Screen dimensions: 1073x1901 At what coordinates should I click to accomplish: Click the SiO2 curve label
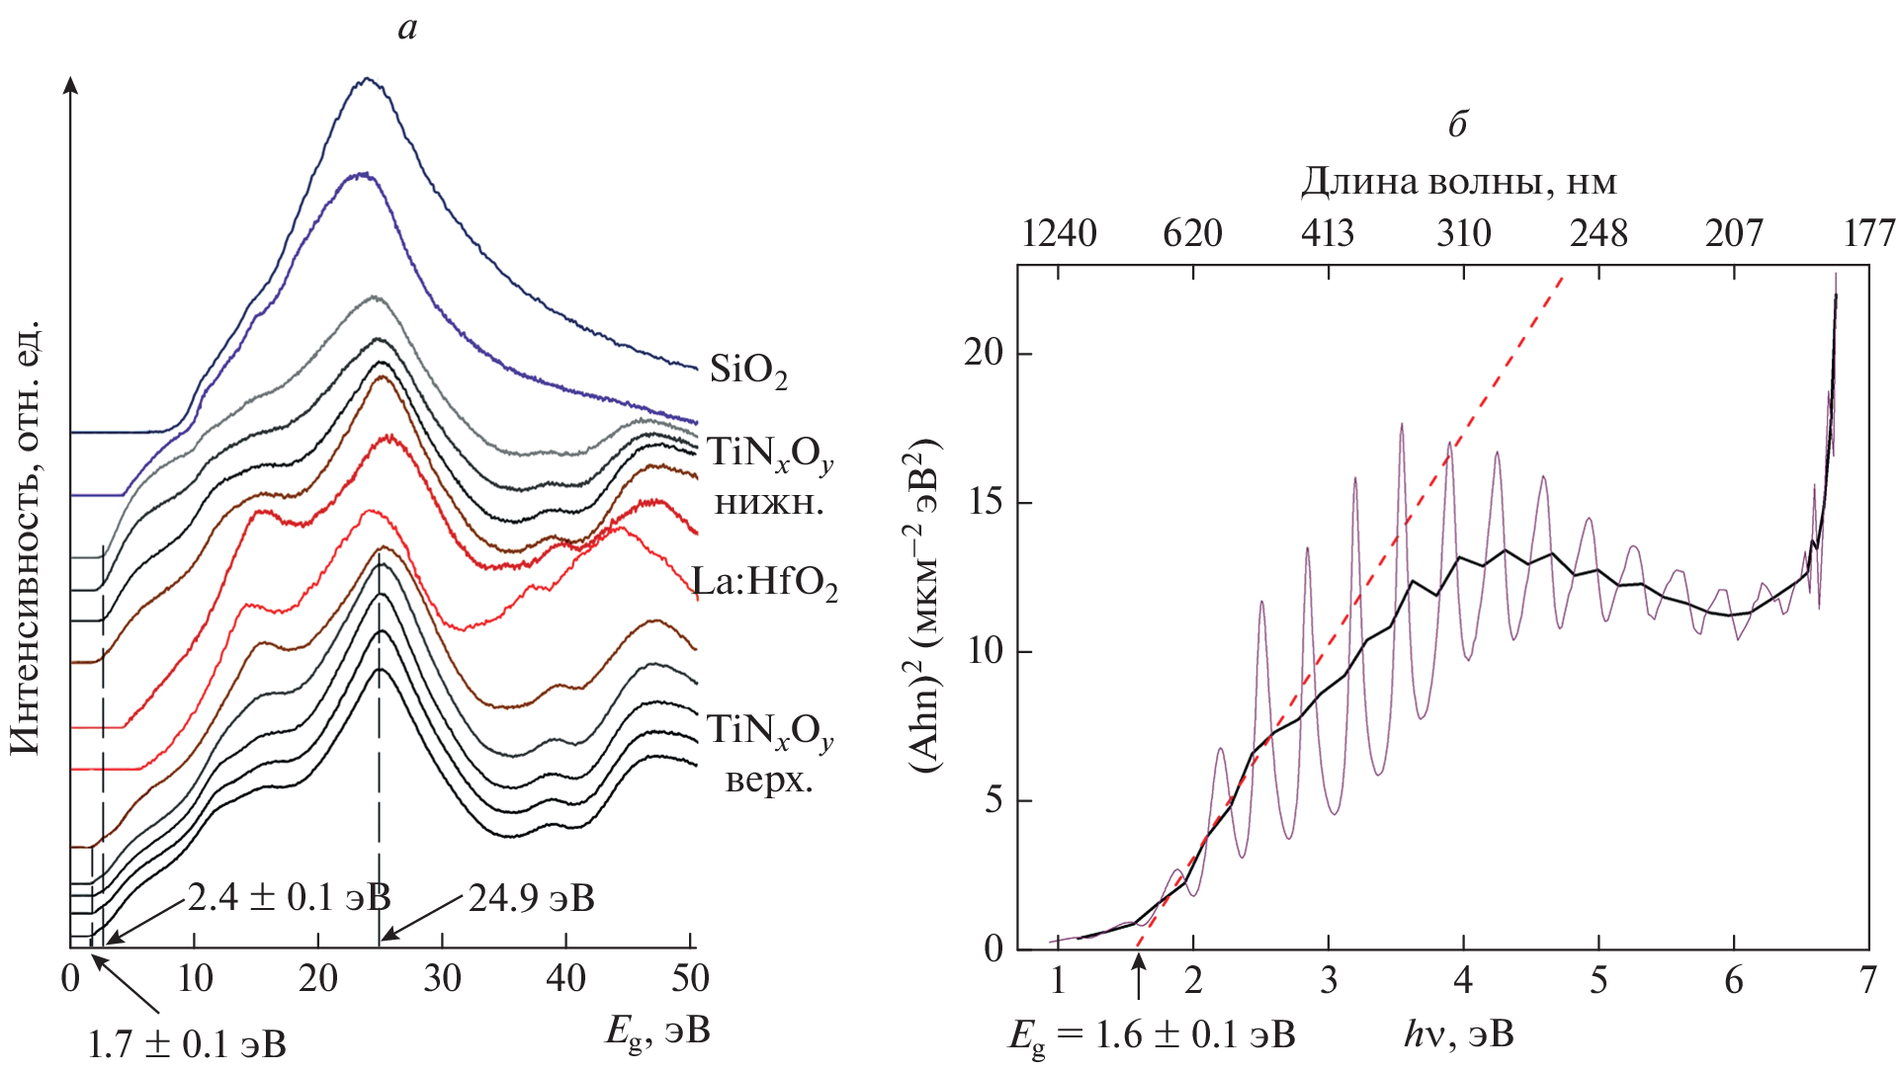tap(748, 371)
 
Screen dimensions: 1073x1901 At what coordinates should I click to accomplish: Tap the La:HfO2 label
tap(765, 583)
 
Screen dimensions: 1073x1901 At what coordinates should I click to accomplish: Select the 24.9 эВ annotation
tap(532, 899)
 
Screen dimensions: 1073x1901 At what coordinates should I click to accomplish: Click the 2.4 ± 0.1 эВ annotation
tap(289, 898)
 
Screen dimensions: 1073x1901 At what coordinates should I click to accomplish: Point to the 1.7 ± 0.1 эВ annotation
tap(187, 1044)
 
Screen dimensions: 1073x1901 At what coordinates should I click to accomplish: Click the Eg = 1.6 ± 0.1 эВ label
tap(1152, 1035)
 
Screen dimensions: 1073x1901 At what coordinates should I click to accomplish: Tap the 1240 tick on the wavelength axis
tap(1059, 234)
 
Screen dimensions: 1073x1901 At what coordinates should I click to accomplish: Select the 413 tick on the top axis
tap(1327, 234)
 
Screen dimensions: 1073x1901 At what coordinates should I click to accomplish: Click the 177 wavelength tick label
tap(1869, 234)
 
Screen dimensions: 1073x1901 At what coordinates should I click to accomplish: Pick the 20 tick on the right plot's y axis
tap(984, 354)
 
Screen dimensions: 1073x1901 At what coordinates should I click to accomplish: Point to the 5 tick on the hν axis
tap(1599, 980)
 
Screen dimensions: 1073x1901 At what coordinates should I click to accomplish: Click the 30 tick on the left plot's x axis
tap(442, 979)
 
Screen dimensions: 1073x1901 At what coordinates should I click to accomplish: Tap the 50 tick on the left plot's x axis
tap(690, 979)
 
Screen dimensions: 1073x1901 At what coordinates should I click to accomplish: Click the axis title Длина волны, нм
tap(1458, 182)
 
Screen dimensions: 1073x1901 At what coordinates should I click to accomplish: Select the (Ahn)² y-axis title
tap(925, 607)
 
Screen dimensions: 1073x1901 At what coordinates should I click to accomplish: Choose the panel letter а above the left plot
tap(407, 29)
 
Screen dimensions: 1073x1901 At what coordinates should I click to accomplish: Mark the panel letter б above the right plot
tap(1457, 124)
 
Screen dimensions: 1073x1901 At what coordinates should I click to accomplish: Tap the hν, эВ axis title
tap(1458, 1035)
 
